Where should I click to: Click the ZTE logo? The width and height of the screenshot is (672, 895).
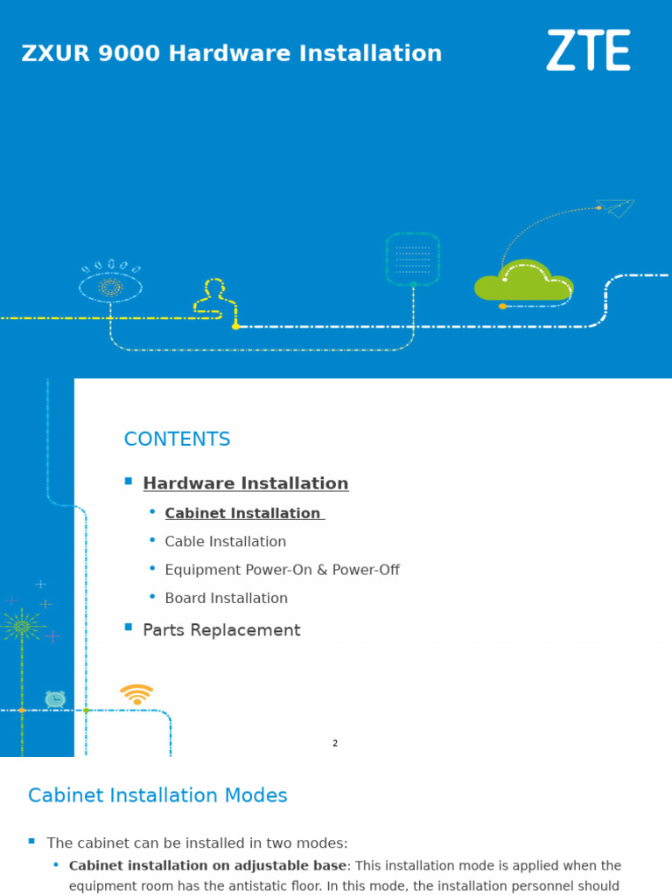(588, 51)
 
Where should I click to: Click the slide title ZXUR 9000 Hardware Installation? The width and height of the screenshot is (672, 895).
(232, 54)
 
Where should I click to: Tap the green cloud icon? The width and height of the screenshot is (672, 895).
(523, 281)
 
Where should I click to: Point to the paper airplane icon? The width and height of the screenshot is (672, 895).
(616, 207)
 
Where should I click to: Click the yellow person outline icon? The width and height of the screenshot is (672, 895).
(214, 296)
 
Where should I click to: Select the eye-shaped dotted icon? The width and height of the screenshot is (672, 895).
(111, 282)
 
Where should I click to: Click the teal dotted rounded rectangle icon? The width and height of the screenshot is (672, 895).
(412, 259)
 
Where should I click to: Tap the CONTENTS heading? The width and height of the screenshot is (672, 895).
(177, 439)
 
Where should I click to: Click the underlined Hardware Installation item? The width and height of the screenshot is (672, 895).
(245, 483)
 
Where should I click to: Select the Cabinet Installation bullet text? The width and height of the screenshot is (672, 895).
(243, 513)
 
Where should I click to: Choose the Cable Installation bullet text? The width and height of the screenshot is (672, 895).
(225, 542)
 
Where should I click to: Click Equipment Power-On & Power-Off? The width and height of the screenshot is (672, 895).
(282, 570)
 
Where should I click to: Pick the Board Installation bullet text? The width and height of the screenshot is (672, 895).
(226, 599)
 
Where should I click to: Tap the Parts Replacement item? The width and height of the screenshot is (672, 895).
(221, 630)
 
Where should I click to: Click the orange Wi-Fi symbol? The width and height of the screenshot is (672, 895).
(136, 695)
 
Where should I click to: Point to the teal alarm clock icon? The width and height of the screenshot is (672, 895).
(55, 698)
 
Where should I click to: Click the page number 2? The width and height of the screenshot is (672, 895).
(335, 744)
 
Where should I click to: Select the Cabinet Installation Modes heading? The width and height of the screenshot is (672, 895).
(157, 795)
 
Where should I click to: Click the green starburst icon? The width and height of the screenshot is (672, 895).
(22, 626)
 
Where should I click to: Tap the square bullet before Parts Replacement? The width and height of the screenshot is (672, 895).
(129, 628)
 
